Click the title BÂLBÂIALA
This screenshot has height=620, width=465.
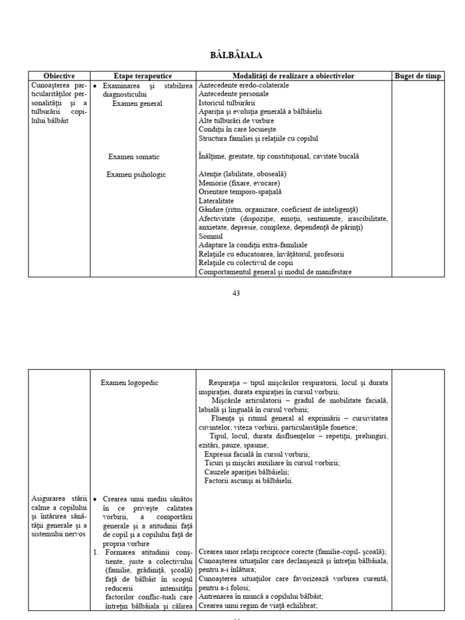[x=236, y=56]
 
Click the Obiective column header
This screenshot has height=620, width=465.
[x=59, y=76]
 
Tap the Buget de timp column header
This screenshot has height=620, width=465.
[x=418, y=76]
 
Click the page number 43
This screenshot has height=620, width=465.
[x=236, y=293]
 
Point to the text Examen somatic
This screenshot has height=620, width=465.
[x=134, y=157]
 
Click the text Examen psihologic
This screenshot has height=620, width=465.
[x=136, y=174]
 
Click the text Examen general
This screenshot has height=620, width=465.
[x=137, y=104]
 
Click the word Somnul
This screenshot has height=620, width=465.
[x=211, y=236]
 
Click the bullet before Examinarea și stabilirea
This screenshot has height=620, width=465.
[x=96, y=85]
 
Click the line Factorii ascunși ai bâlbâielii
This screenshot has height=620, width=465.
[x=249, y=481]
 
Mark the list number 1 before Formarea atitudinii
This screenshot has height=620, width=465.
[x=96, y=552]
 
